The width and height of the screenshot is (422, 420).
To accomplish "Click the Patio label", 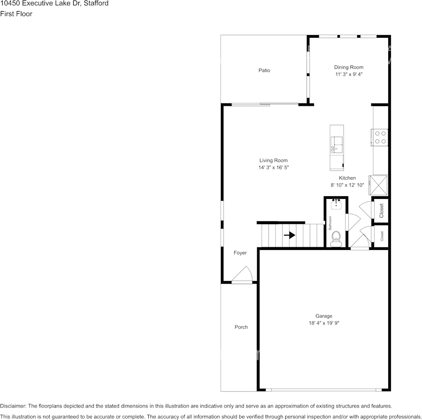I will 264,70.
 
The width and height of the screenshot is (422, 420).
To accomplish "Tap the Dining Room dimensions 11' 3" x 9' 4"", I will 349,75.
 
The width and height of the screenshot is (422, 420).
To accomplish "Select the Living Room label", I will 273,160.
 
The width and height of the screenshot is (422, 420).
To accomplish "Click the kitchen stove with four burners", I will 380,137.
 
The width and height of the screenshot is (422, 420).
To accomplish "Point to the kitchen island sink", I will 337,145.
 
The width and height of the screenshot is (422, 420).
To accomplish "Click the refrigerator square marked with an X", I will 380,185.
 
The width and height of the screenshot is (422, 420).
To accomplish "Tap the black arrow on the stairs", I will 290,235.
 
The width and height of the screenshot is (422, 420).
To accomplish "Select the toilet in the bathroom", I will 336,237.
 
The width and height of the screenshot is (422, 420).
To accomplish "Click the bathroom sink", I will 336,204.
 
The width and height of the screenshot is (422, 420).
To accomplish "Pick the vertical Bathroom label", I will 330,223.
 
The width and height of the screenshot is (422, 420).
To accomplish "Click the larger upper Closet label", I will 381,210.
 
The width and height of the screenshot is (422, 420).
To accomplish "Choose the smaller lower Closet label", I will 382,236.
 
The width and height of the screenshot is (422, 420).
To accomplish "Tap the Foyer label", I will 240,253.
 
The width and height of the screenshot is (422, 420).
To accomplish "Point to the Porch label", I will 241,327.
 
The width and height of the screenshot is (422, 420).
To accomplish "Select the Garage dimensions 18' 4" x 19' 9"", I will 324,323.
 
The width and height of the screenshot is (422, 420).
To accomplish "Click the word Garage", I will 324,316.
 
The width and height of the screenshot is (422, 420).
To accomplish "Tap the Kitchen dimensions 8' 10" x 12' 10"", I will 347,185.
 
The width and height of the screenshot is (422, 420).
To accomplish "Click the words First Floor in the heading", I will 16,14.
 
